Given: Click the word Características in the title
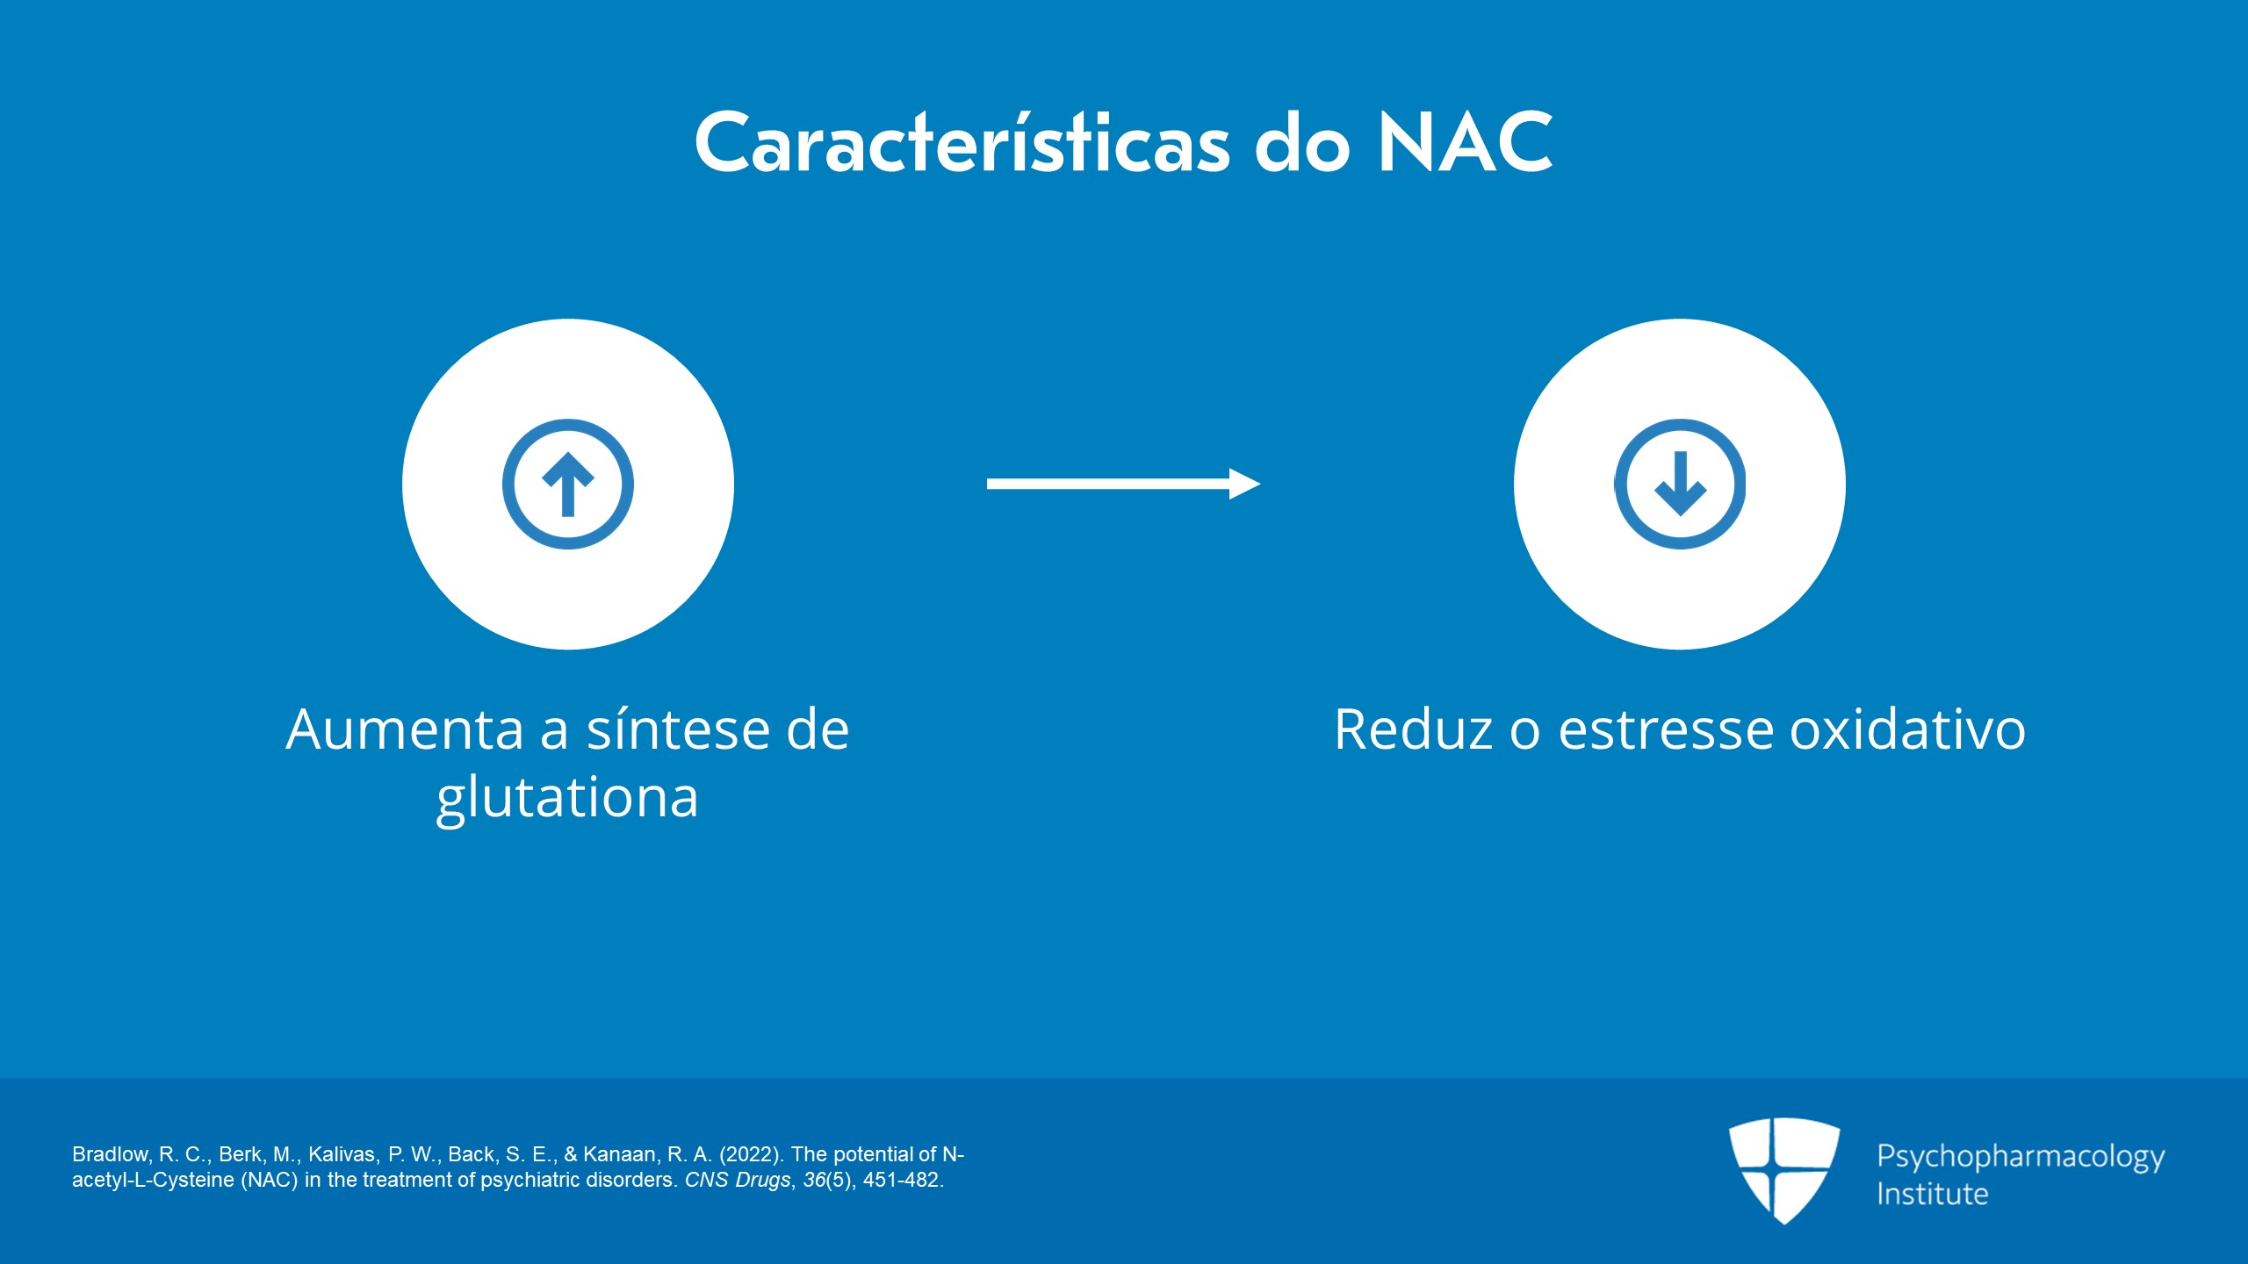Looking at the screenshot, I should [962, 143].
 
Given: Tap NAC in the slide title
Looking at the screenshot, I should [1465, 143].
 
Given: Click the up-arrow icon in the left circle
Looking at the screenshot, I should [568, 484].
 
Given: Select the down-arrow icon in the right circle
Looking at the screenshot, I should [1680, 484].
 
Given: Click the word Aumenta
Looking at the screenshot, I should [404, 729].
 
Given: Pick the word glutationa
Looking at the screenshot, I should [567, 798].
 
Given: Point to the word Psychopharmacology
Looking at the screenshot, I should [2021, 1157].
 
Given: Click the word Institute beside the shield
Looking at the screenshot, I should [1932, 1195].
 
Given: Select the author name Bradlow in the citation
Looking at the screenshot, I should [110, 1154].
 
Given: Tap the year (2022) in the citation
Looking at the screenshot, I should [751, 1154].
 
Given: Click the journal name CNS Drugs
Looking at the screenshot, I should [737, 1180].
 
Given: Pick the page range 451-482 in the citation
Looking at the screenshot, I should [902, 1180].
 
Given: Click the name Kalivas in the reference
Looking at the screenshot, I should [343, 1154].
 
